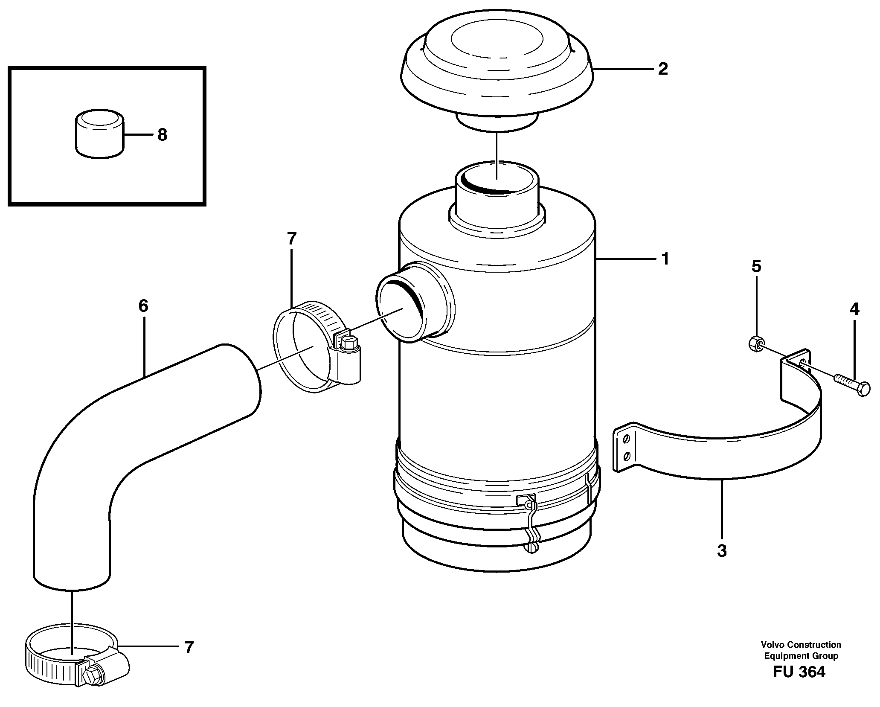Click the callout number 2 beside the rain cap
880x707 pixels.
pos(662,69)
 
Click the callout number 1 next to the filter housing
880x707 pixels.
pos(665,259)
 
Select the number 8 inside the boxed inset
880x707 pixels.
pos(162,135)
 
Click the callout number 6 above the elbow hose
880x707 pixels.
pos(143,305)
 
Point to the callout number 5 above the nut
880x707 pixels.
pos(756,267)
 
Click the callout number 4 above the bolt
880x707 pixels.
pos(854,309)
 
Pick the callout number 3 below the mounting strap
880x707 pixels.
pos(722,551)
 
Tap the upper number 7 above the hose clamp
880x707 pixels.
pos(291,239)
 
